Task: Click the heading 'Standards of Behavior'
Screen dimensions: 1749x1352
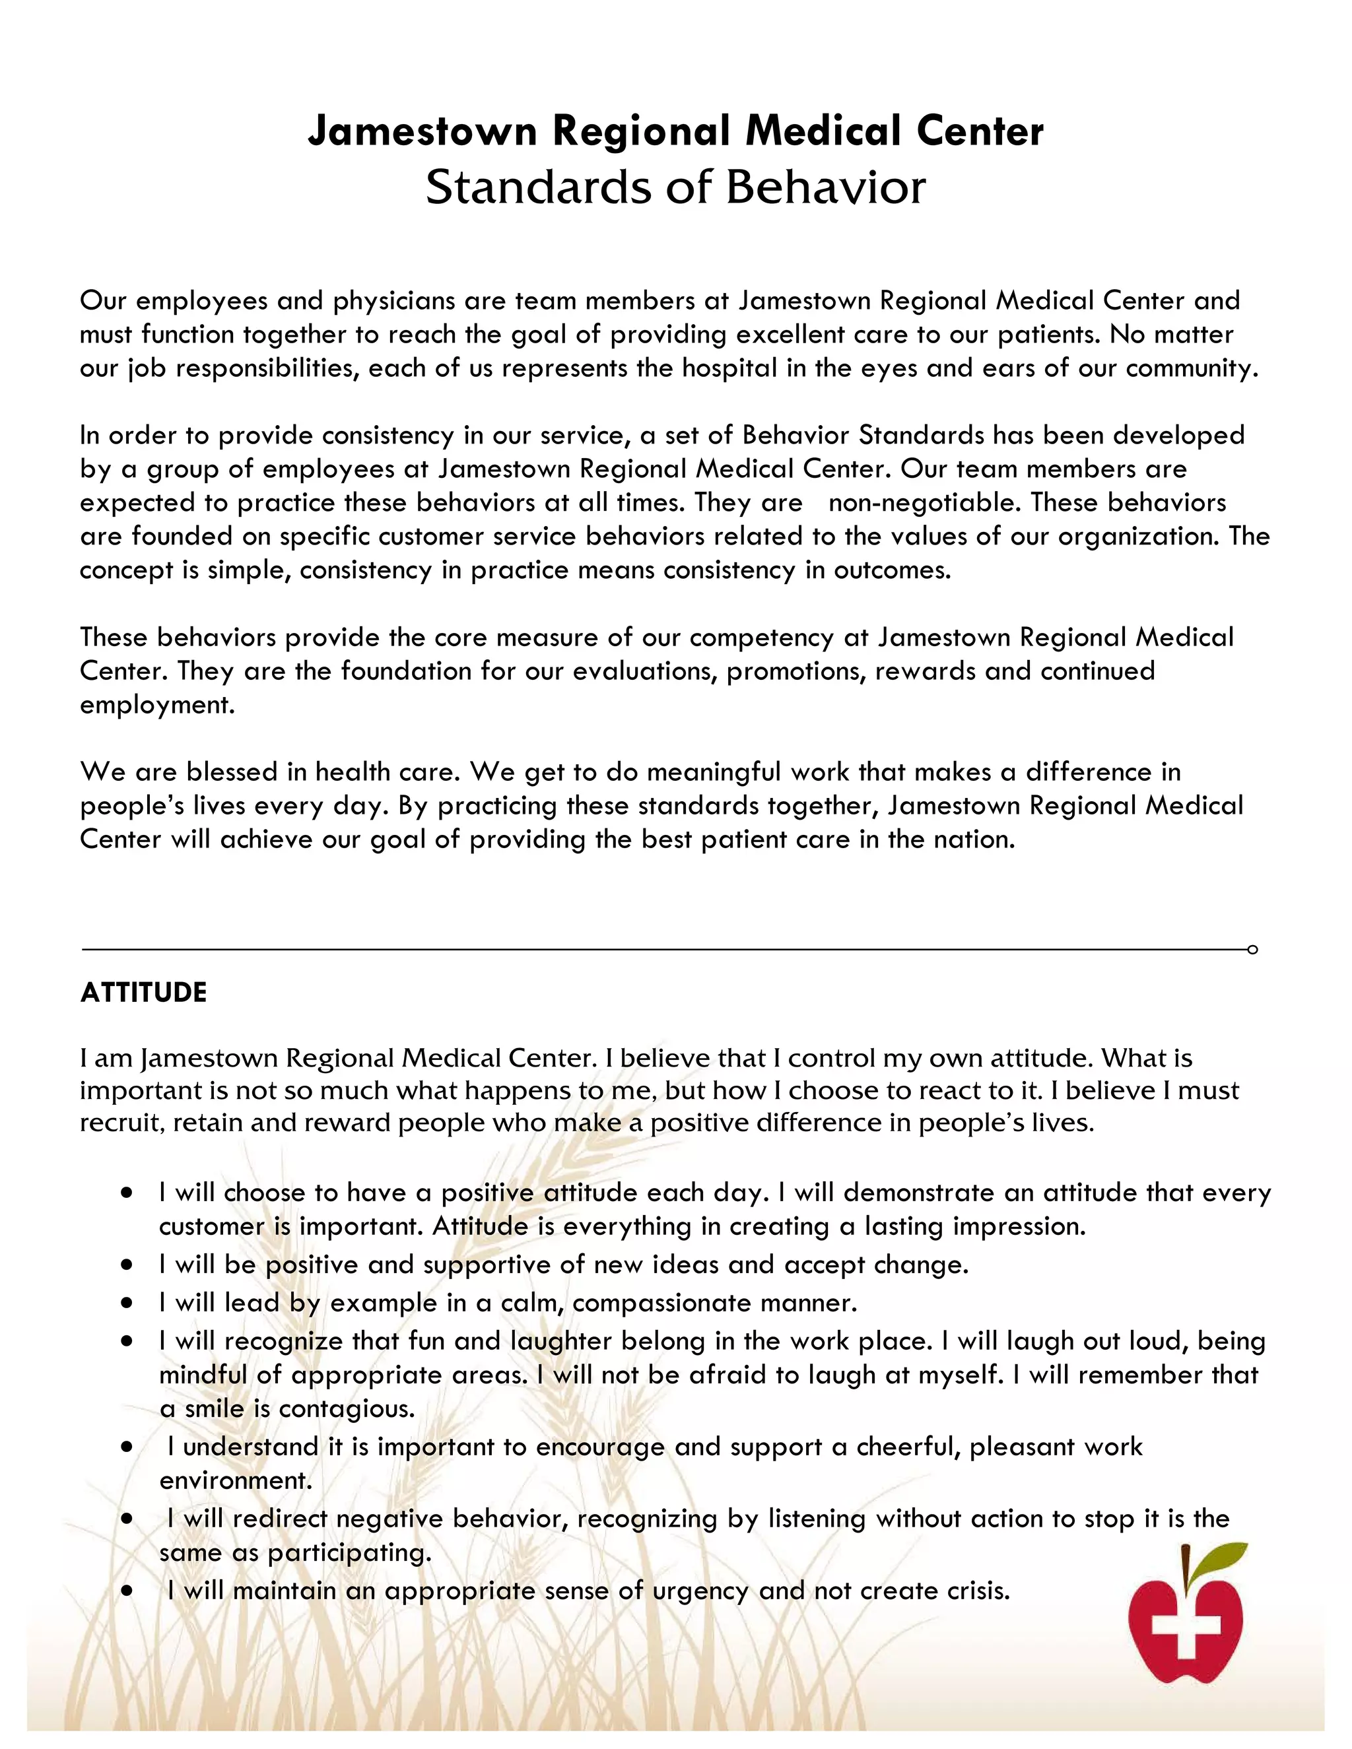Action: tap(675, 187)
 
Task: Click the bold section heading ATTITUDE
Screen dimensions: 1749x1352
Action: tap(143, 993)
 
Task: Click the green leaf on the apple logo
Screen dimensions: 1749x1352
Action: tap(1221, 1557)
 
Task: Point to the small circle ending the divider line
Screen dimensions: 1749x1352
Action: tap(1253, 950)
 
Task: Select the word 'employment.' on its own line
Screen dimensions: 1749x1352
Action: tap(157, 706)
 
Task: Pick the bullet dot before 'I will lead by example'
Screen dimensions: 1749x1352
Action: tap(127, 1303)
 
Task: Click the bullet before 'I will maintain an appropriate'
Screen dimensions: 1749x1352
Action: tap(127, 1592)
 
